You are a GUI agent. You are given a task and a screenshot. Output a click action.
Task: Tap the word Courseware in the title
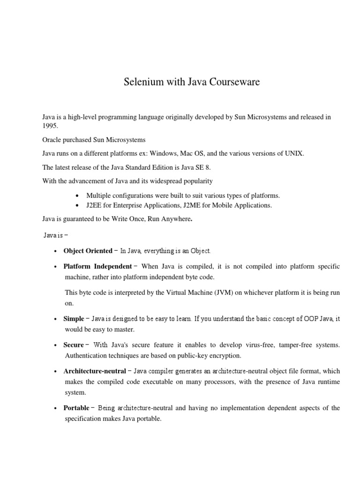pos(233,82)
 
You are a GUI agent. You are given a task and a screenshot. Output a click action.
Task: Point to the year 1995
pos(50,126)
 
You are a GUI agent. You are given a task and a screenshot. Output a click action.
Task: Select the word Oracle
pos(52,140)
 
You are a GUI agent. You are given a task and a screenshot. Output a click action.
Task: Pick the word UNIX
pos(294,153)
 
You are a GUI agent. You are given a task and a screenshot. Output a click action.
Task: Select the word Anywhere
pos(175,218)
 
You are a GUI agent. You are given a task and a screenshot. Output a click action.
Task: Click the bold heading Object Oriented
pos(88,251)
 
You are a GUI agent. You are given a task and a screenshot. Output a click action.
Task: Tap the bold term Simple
pos(74,319)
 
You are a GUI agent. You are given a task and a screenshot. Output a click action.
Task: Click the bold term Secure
pos(74,345)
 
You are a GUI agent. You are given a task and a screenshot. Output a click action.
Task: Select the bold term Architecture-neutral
pos(95,371)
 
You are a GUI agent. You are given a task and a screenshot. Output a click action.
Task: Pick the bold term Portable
pos(76,408)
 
